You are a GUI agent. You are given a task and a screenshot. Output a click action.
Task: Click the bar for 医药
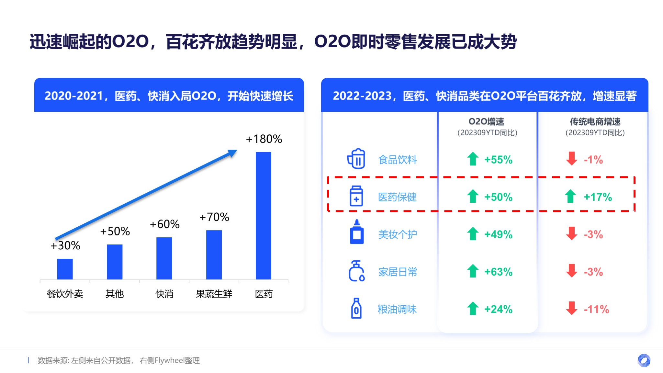(263, 215)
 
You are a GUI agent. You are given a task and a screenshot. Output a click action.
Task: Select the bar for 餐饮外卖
(65, 269)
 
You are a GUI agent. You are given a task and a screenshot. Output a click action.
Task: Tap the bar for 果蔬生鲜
(214, 254)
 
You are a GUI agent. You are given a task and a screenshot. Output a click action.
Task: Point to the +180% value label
(264, 139)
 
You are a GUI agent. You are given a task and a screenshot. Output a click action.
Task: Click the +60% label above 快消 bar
(164, 224)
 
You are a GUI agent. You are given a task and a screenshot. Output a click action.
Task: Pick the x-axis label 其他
(115, 294)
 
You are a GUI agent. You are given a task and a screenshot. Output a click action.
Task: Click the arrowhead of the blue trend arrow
(233, 153)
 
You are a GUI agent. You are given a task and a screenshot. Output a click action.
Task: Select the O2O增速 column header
(486, 122)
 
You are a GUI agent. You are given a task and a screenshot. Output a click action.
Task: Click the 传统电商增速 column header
(595, 122)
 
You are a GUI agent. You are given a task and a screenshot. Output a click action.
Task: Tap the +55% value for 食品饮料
(498, 160)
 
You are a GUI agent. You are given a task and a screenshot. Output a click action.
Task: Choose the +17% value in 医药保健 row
(598, 197)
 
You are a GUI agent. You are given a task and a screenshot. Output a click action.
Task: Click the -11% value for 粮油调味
(596, 309)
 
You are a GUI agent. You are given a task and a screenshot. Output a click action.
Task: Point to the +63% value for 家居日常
(498, 272)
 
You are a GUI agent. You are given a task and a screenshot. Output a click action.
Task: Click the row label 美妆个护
(398, 234)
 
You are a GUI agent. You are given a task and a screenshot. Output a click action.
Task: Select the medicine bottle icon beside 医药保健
(356, 196)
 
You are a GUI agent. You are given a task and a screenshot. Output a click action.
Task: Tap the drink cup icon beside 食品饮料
(356, 159)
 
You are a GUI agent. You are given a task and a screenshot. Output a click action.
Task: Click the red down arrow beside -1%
(572, 159)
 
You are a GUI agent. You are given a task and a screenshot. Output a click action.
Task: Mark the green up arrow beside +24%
(473, 309)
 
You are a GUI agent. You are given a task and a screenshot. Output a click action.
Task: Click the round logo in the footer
(644, 360)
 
